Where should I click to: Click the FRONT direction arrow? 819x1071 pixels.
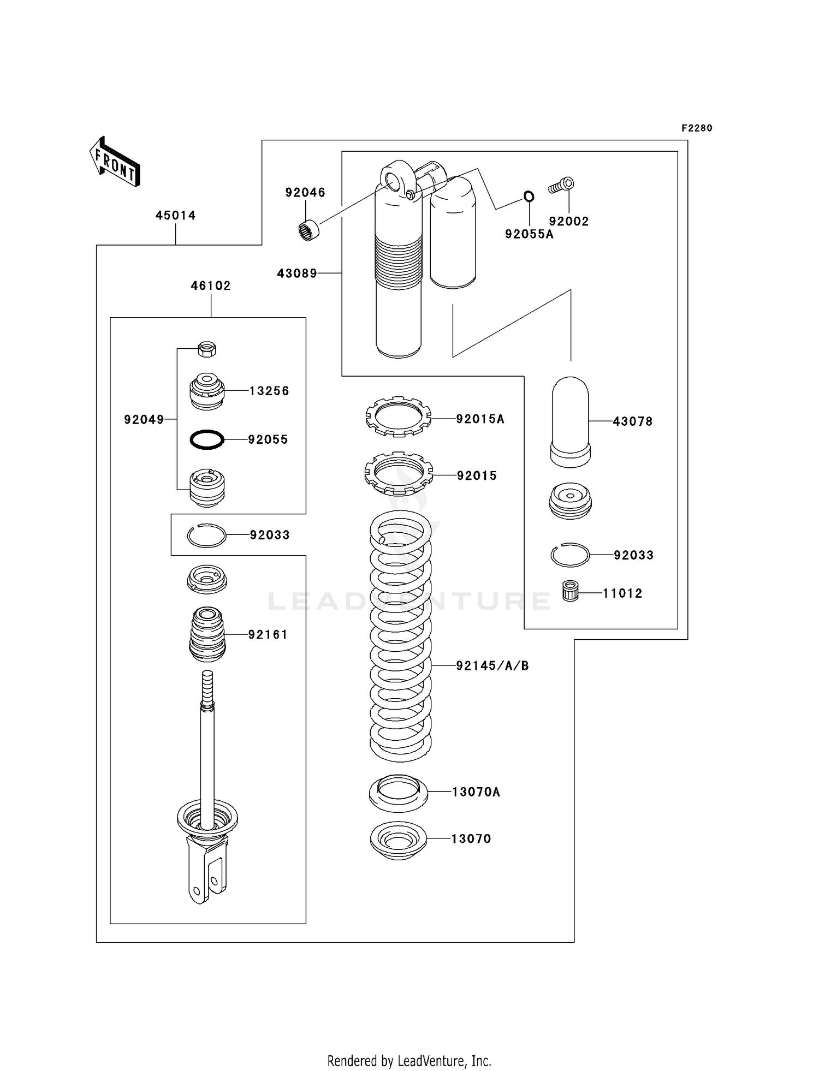(115, 162)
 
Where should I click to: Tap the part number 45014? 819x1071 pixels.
(175, 216)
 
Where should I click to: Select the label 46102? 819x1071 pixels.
(210, 285)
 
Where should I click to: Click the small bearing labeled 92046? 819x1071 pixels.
(310, 230)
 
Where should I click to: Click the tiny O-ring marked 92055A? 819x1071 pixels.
(529, 196)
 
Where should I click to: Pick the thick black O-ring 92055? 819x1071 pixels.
(207, 439)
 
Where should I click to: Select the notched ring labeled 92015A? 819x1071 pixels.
(398, 417)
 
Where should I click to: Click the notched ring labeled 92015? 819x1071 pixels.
(399, 472)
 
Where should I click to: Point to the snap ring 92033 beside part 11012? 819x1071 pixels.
(569, 555)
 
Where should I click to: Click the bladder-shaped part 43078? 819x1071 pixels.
(570, 421)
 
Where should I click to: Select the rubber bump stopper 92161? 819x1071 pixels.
(207, 634)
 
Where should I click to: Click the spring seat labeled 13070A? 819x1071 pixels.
(399, 793)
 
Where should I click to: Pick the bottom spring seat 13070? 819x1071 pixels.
(398, 840)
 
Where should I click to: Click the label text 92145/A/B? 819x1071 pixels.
(492, 665)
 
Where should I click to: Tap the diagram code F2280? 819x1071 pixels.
(697, 128)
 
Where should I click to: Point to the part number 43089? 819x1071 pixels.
(296, 273)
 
